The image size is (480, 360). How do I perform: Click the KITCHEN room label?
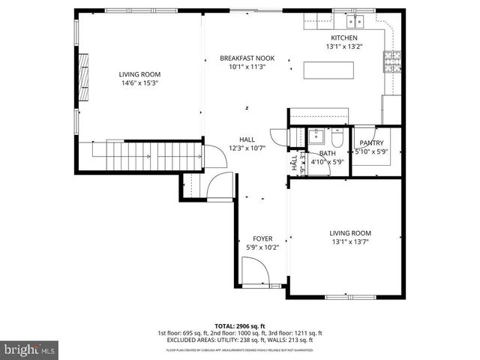(x=344, y=37)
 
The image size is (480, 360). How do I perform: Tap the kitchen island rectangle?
(x=328, y=70)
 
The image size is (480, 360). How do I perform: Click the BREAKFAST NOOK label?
(x=247, y=58)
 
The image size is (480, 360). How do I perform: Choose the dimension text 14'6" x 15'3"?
(x=139, y=82)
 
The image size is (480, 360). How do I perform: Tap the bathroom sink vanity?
(x=316, y=138)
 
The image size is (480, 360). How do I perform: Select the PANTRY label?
(x=371, y=142)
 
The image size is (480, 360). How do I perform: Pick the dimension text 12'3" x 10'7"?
(x=247, y=148)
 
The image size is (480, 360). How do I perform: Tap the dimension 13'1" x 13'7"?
(x=350, y=241)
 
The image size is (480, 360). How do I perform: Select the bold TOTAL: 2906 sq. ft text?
(x=239, y=326)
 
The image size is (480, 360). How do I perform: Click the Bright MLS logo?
(x=30, y=349)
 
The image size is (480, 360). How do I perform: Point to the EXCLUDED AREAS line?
(x=239, y=340)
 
